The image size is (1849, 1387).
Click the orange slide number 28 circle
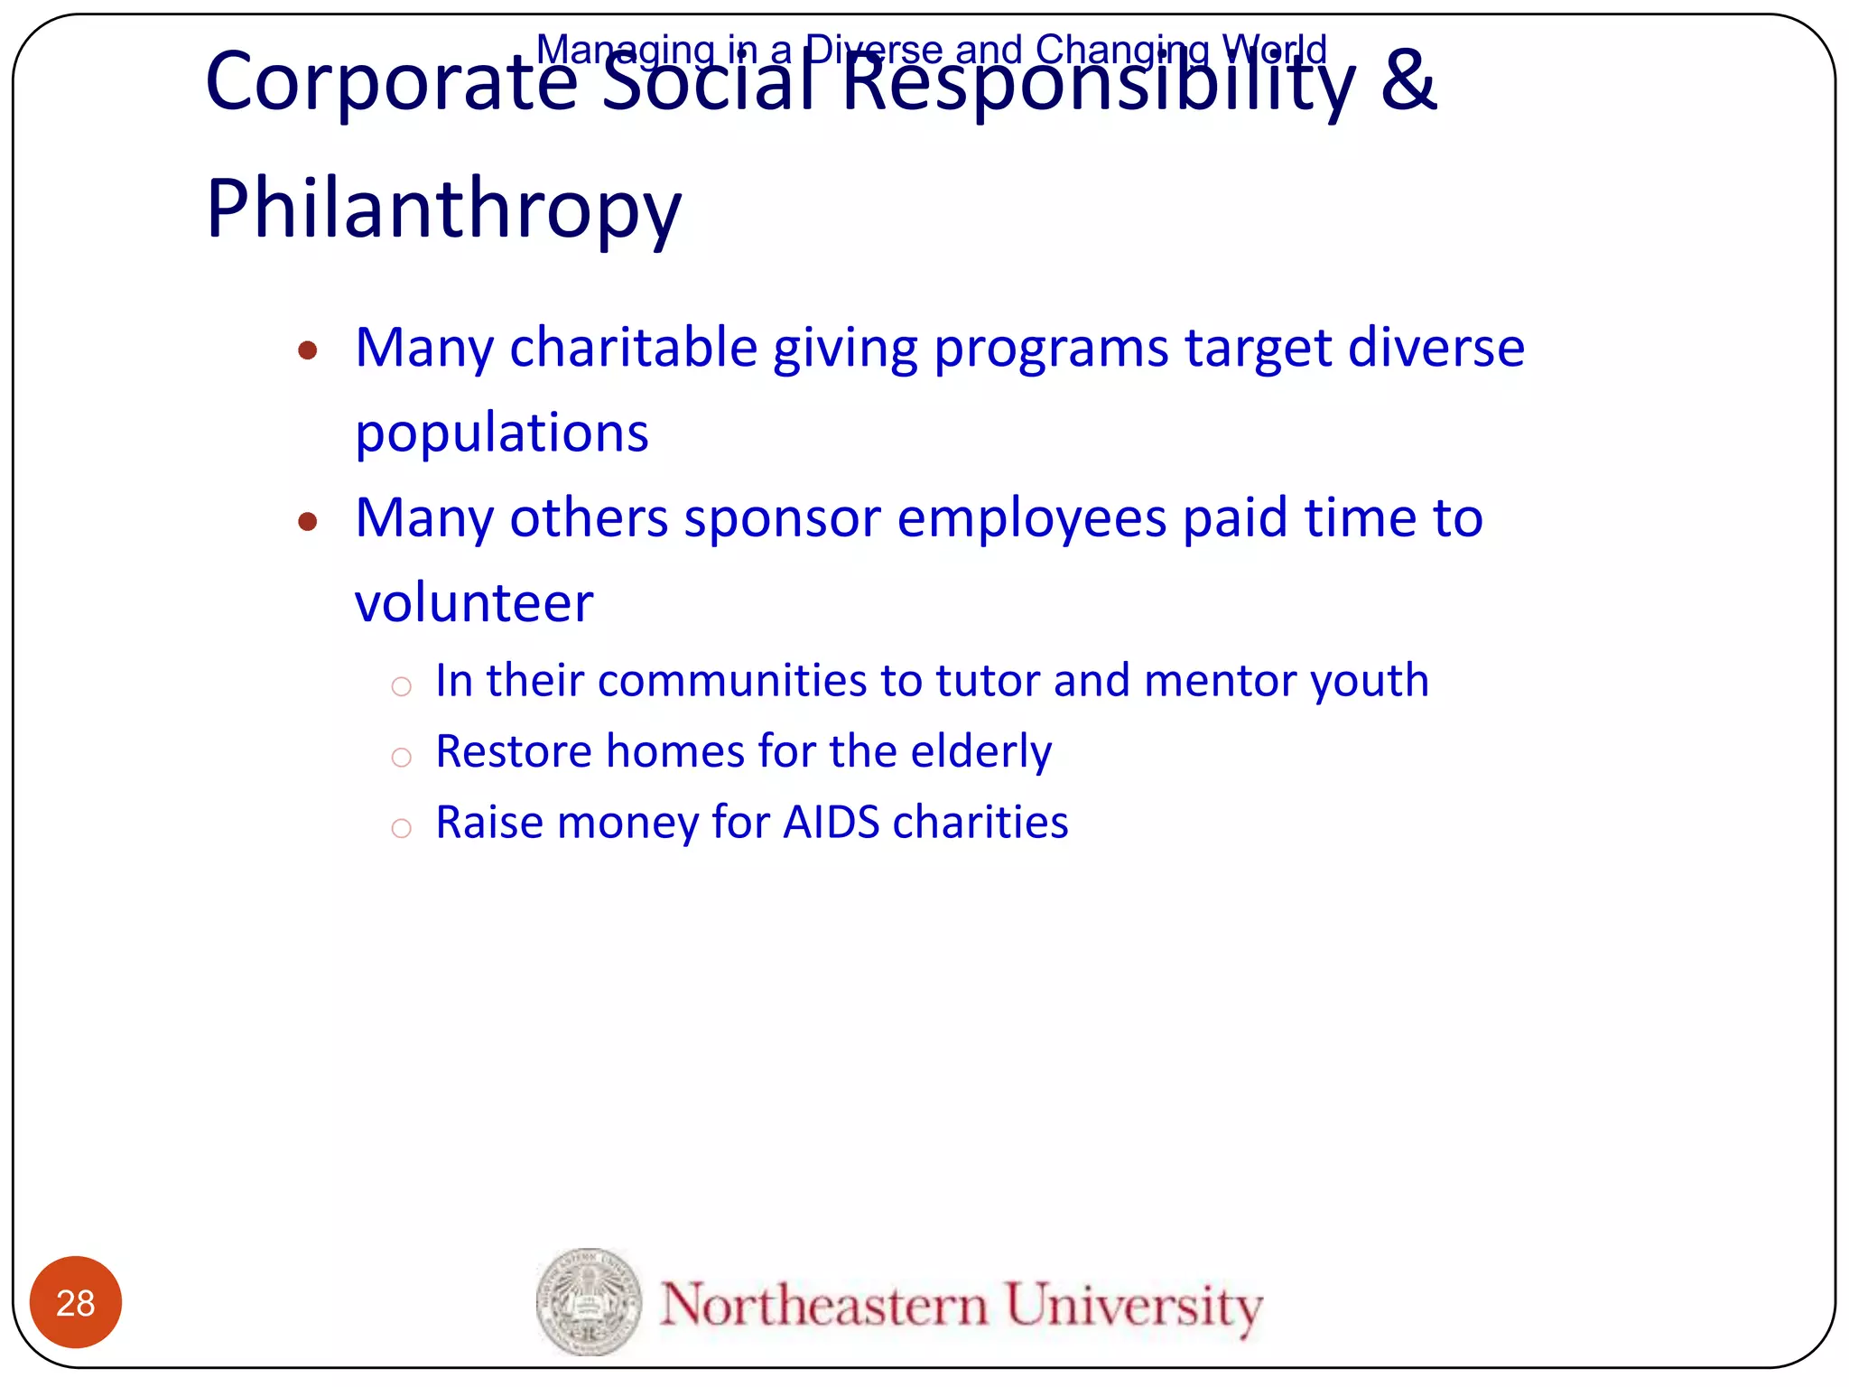76,1301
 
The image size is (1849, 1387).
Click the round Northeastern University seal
589,1301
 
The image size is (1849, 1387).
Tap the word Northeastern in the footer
823,1304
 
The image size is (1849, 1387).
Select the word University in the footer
1134,1306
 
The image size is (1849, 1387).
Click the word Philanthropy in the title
443,209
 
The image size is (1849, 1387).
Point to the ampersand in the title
1408,81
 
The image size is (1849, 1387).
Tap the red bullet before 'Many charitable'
308,350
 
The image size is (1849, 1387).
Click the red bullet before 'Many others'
308,521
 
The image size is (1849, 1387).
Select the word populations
502,433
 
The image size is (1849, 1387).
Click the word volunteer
474,603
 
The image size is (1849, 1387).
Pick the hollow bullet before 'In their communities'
402,687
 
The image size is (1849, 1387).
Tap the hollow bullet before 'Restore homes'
402,757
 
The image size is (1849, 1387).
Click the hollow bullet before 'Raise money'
402,827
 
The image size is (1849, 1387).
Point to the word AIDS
831,823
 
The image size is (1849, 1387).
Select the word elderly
981,752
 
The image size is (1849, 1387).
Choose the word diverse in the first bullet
1436,348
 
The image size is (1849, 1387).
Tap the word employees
1032,519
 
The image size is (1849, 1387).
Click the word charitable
633,348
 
